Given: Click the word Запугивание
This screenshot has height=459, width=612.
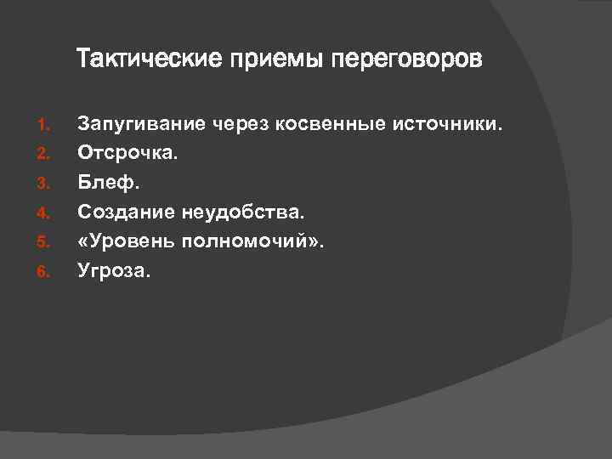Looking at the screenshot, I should pyautogui.click(x=142, y=126).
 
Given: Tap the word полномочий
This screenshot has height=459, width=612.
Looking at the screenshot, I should pyautogui.click(x=250, y=242).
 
